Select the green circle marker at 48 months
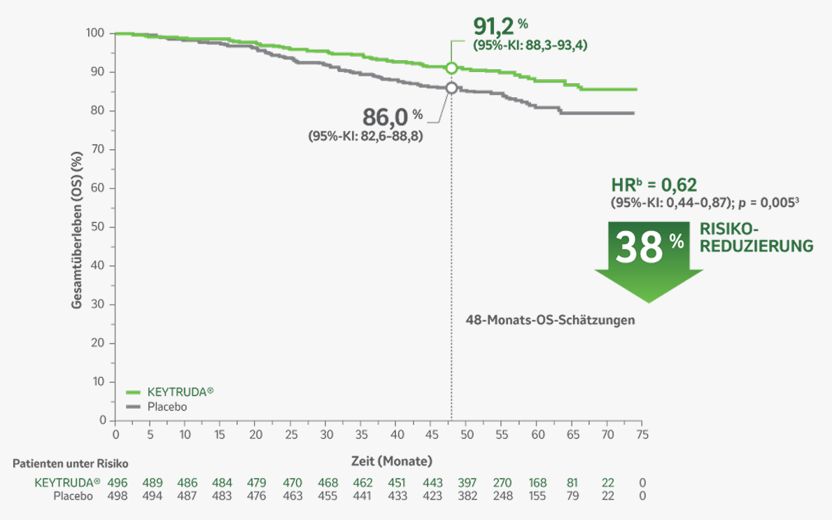pos(451,68)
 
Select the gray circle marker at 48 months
pos(451,88)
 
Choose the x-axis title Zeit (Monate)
pos(392,461)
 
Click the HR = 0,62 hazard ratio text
pos(654,185)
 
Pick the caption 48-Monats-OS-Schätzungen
pos(551,320)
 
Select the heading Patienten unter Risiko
pos(71,463)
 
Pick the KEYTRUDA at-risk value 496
pos(115,483)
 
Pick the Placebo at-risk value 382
pos(467,496)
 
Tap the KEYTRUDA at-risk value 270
pos(502,483)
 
